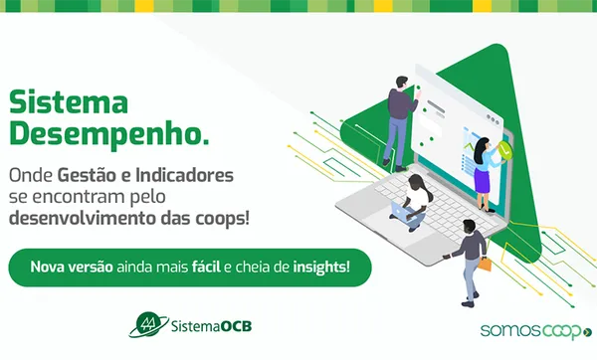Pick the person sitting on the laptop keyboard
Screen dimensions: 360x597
click(415, 204)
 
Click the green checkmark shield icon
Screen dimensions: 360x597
click(506, 151)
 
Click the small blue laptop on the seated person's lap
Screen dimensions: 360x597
click(402, 211)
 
